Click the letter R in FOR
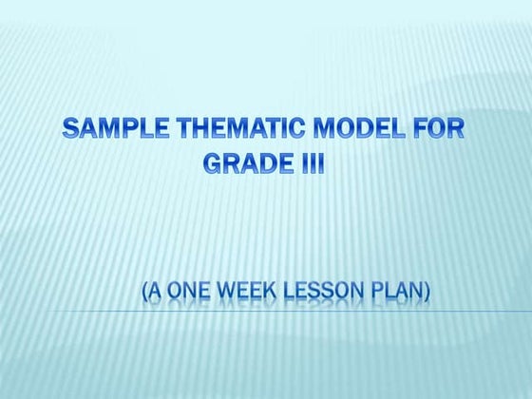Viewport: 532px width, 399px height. pos(456,129)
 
